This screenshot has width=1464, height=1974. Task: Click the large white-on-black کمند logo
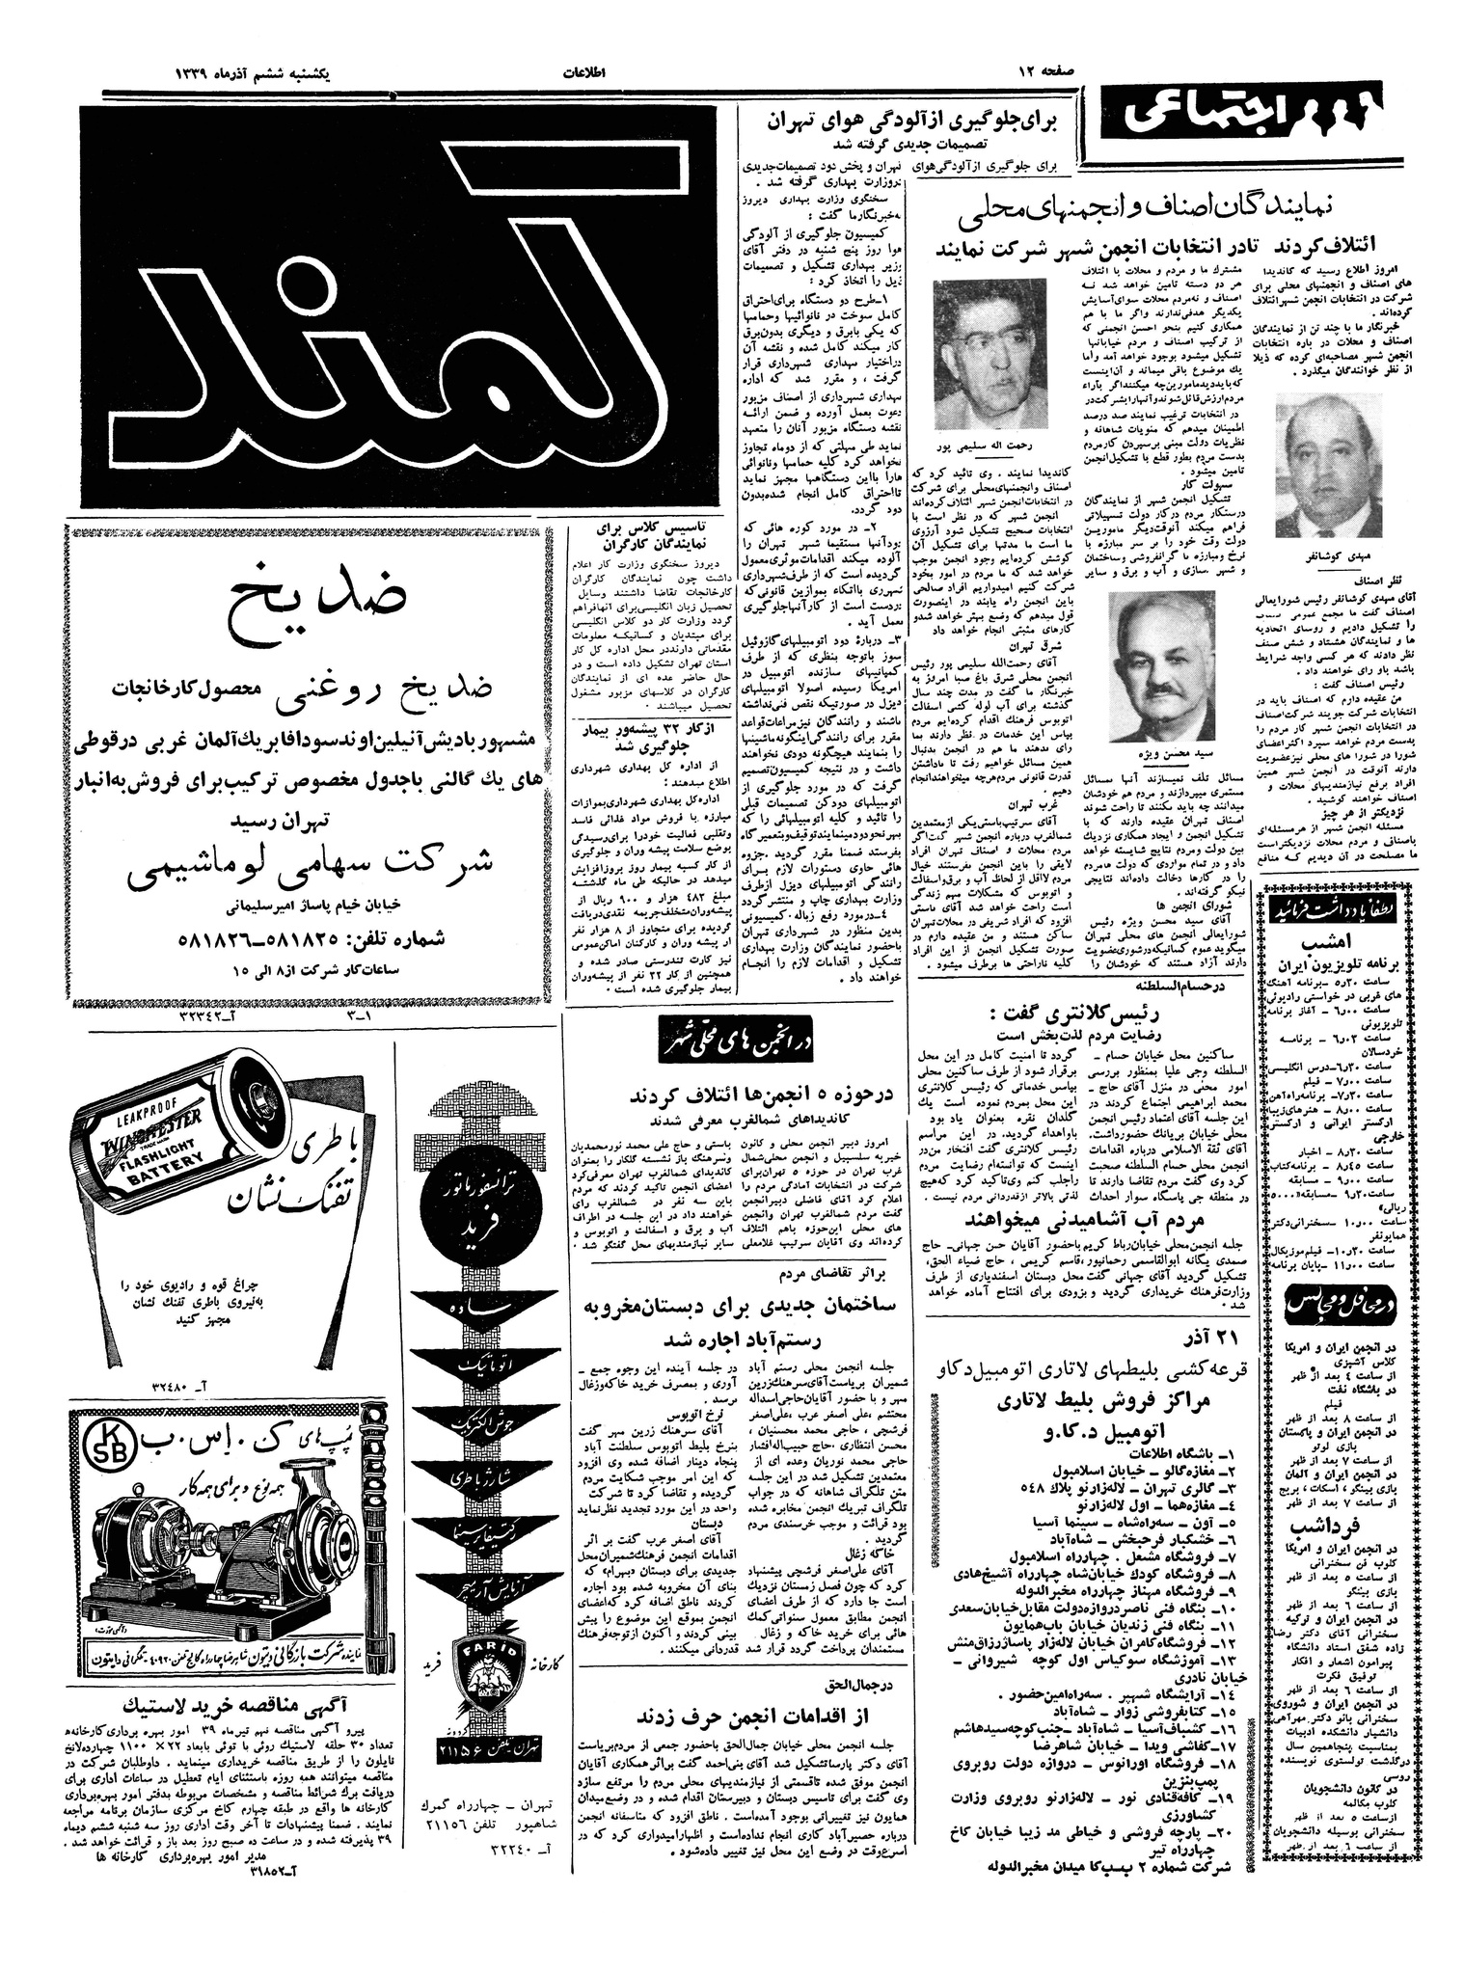pos(400,306)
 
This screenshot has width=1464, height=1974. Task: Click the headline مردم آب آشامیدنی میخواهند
pos(1087,1220)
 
